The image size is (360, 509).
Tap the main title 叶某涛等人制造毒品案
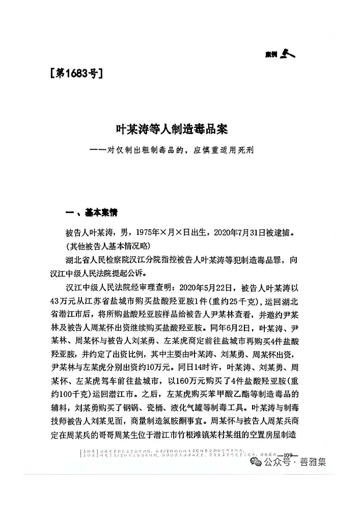[180, 130]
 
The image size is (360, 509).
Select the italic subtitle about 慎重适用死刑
[179, 150]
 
